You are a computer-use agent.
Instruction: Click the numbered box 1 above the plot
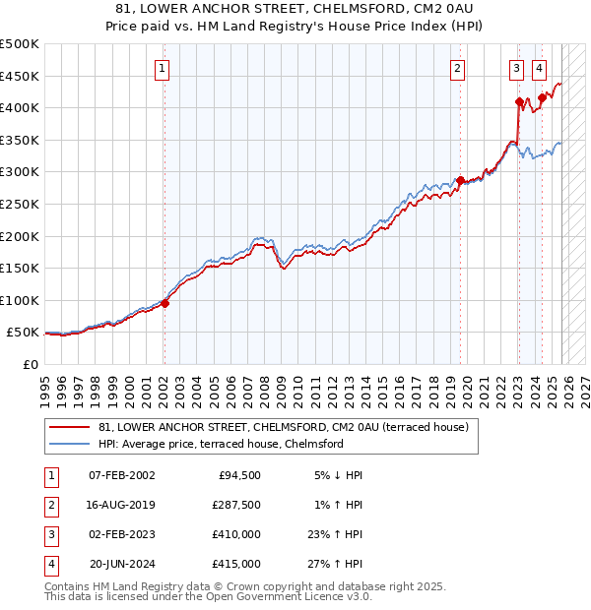tap(162, 68)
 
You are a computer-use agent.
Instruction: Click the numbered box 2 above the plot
tap(458, 68)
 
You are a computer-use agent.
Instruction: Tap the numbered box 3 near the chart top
tap(517, 68)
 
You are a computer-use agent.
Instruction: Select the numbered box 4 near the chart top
tap(540, 68)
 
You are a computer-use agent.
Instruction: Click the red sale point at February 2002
tap(164, 303)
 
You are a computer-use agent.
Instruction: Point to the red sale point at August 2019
tap(460, 180)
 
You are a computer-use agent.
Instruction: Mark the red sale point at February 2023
tap(519, 101)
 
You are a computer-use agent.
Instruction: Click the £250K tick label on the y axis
tap(19, 204)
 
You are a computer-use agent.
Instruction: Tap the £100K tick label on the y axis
tap(19, 300)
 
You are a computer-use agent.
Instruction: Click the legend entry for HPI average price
tap(220, 444)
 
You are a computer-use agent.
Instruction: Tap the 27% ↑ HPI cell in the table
tap(336, 565)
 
